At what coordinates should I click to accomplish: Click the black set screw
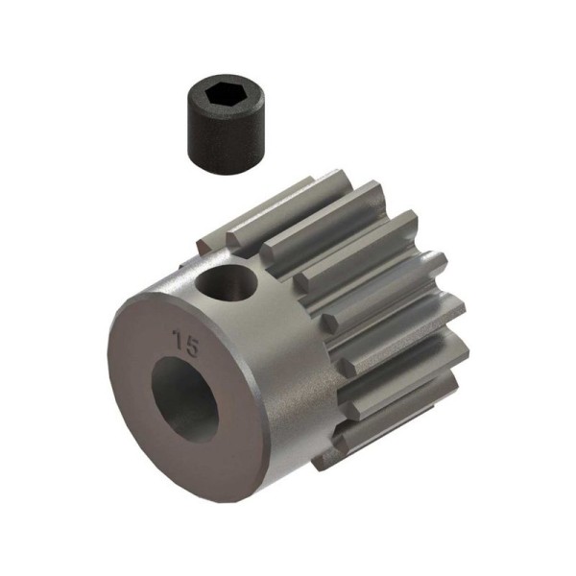coord(226,124)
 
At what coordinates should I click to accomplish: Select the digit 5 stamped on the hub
coord(191,348)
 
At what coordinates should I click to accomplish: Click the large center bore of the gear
coord(184,397)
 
